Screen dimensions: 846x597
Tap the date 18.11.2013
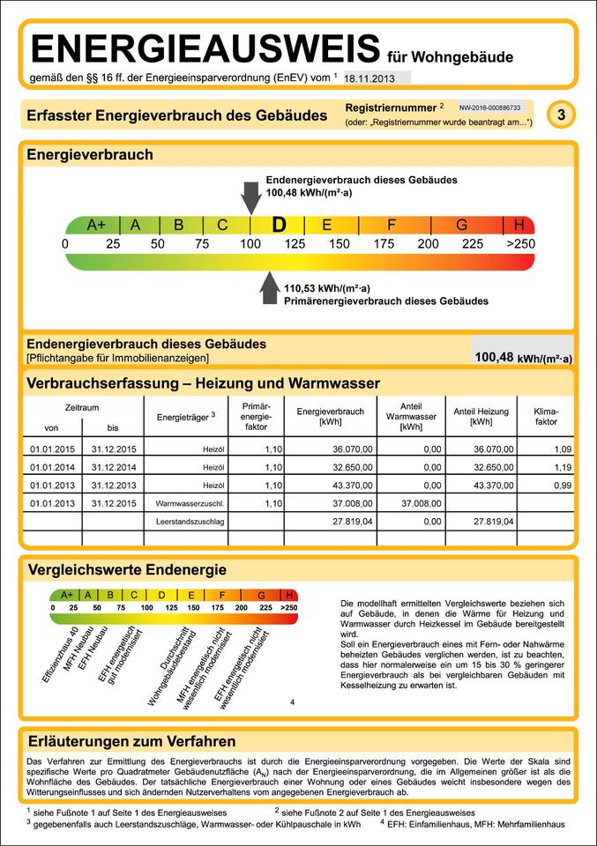369,78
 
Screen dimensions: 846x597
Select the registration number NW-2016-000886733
490,107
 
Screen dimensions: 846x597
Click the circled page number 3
561,115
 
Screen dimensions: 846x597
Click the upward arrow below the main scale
269,289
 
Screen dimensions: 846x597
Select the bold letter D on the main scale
280,225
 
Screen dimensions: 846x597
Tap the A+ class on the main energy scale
96,225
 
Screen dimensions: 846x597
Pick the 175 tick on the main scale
384,243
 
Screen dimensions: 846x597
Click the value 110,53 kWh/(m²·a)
327,287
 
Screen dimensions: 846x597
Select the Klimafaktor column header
546,417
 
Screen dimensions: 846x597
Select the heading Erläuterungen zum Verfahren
131,741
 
